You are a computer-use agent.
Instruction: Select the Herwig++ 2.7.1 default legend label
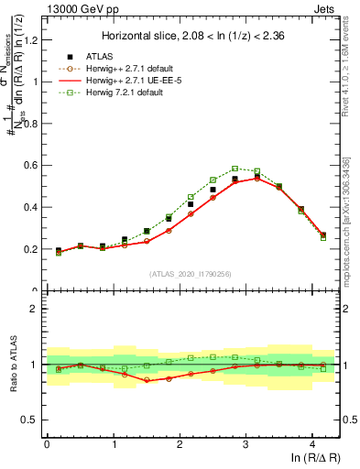click(136, 69)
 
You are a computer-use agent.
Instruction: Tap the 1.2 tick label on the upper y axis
click(30, 39)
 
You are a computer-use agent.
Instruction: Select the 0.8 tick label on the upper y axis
click(30, 123)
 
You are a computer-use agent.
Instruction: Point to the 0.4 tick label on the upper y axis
click(30, 207)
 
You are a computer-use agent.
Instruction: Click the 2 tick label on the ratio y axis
click(34, 309)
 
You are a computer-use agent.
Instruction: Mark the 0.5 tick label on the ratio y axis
click(30, 420)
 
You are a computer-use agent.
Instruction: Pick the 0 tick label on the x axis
click(47, 444)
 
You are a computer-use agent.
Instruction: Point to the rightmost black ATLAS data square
click(322, 235)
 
